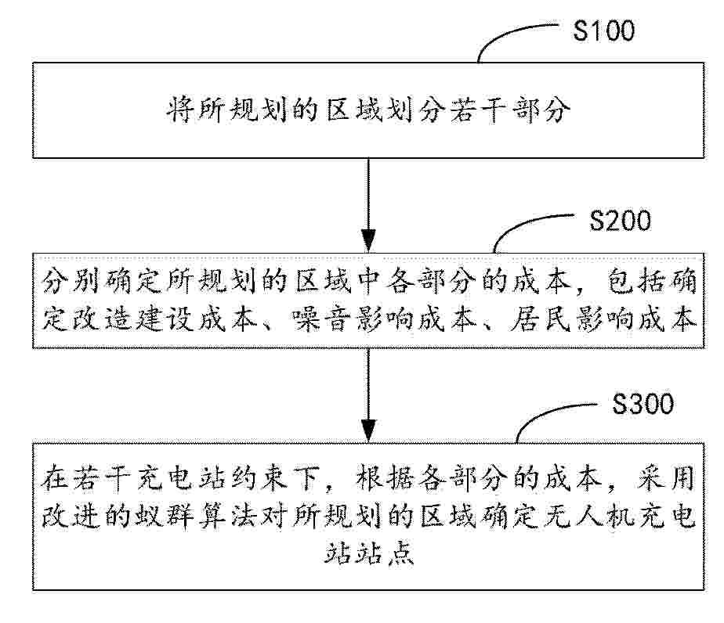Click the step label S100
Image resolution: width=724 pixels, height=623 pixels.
(603, 31)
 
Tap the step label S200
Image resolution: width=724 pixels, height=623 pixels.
(620, 221)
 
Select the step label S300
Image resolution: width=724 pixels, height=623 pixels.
(643, 404)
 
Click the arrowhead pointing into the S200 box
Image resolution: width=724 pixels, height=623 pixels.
(368, 240)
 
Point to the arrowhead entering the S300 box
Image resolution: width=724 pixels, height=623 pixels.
(368, 430)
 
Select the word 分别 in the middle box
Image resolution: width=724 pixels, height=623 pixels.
(71, 280)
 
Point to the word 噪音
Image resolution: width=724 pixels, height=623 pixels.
(320, 319)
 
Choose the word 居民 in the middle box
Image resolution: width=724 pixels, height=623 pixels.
(540, 319)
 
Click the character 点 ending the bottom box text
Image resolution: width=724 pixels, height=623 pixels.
(400, 553)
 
